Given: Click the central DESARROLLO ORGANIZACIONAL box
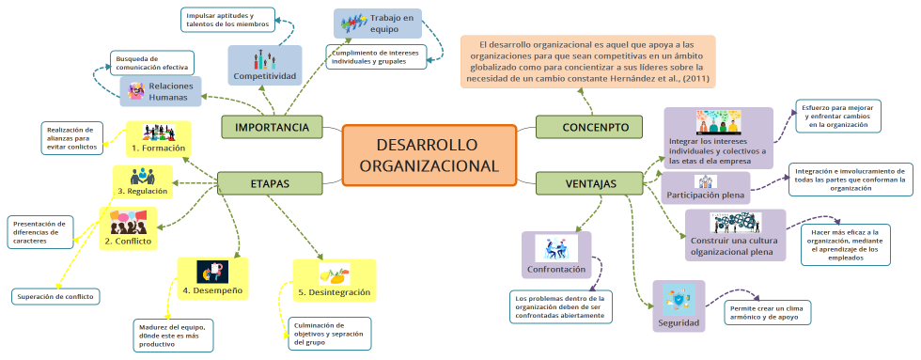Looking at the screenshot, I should click(x=429, y=155).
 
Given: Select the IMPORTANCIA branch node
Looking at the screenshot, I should click(x=272, y=127).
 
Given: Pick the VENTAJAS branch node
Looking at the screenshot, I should click(x=592, y=183).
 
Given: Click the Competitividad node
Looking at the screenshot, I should click(x=264, y=65).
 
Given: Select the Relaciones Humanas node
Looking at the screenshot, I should click(x=161, y=91).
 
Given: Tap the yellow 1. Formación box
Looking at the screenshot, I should click(x=158, y=138).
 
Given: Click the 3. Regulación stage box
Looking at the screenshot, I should click(x=143, y=181).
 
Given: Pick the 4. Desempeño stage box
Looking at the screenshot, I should click(x=211, y=279).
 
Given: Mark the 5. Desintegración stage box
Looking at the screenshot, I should click(x=333, y=281).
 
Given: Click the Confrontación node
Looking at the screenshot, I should click(x=556, y=257).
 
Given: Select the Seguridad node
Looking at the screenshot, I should click(x=678, y=308).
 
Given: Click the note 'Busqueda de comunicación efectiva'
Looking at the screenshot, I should click(x=151, y=62).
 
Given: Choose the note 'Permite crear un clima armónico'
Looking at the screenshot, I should click(x=768, y=312).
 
